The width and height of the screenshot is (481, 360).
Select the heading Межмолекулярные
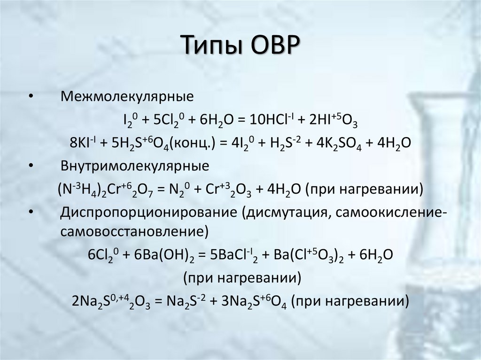[x=127, y=97]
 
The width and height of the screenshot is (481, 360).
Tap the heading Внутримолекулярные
[x=135, y=167]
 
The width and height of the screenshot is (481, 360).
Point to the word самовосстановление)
[x=134, y=231]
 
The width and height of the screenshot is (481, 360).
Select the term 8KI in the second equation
[x=81, y=143]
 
